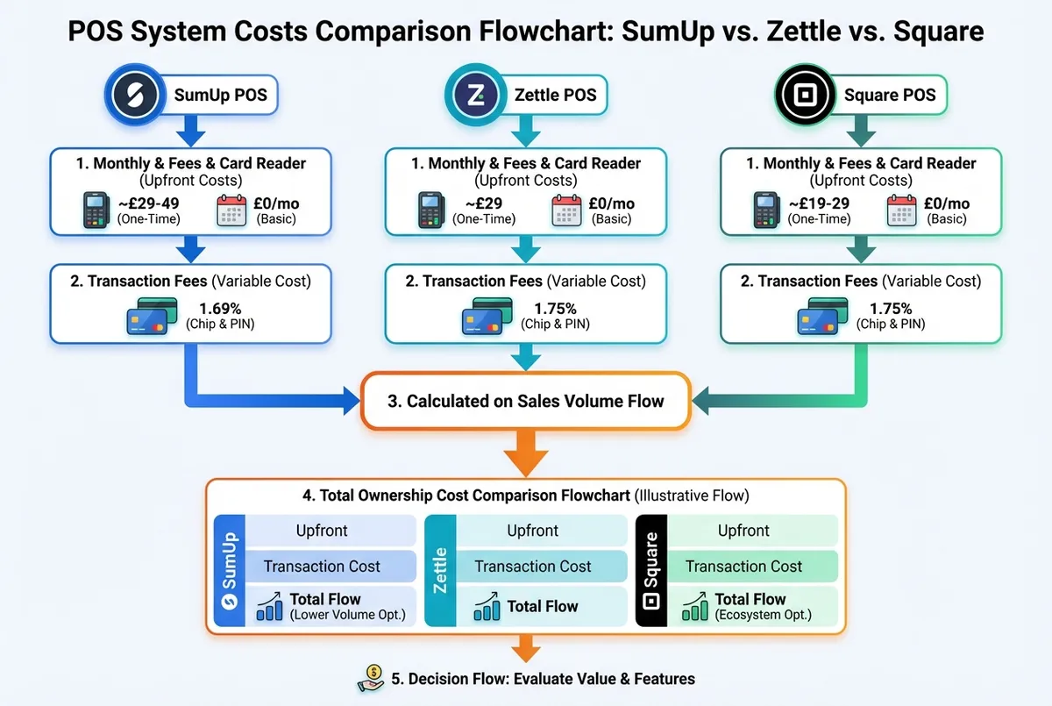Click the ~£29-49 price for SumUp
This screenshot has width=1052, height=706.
(149, 203)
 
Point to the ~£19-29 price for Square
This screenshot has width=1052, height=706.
(820, 203)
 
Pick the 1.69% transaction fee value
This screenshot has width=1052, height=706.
(219, 309)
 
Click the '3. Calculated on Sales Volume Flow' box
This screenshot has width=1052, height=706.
(525, 402)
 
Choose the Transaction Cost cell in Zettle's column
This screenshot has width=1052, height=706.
(533, 567)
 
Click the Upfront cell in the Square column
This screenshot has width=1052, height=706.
(743, 531)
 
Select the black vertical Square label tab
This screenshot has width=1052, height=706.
(651, 570)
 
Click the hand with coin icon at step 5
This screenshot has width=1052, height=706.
(371, 678)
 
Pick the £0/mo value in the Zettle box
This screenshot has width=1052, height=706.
(612, 203)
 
